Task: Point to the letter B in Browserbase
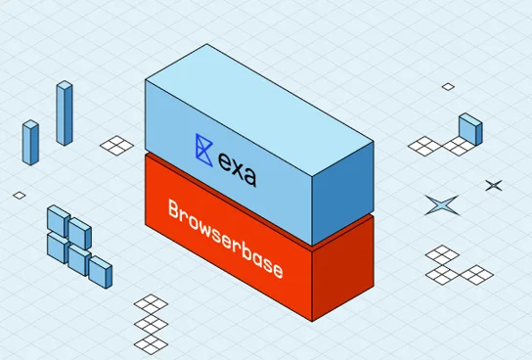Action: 175,209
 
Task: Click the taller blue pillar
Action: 65,113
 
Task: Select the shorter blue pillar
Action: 30,143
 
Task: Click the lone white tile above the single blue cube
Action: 448,86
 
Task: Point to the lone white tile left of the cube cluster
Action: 20,195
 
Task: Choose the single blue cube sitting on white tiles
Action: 469,128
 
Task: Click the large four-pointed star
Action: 441,204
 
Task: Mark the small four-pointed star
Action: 494,185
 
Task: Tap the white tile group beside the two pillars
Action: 116,145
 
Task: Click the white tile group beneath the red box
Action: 152,322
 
